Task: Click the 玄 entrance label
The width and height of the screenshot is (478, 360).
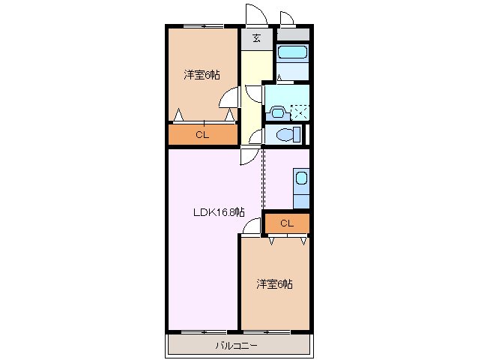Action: pyautogui.click(x=257, y=39)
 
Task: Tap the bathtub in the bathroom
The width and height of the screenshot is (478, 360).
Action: pyautogui.click(x=291, y=54)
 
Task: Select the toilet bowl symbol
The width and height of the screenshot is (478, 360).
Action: pyautogui.click(x=285, y=135)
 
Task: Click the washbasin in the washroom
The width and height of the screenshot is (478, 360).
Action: pyautogui.click(x=278, y=113)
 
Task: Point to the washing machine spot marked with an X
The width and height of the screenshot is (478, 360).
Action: pyautogui.click(x=300, y=112)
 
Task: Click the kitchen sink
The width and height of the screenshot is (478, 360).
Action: pyautogui.click(x=300, y=179)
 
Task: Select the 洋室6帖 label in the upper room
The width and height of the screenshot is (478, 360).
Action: pyautogui.click(x=202, y=75)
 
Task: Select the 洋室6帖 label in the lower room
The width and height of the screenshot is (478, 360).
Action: pyautogui.click(x=274, y=284)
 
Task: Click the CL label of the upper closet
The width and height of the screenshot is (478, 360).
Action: pyautogui.click(x=202, y=135)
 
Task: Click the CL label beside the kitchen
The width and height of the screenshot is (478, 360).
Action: pyautogui.click(x=286, y=223)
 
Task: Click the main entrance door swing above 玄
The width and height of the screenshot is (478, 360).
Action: pyautogui.click(x=255, y=15)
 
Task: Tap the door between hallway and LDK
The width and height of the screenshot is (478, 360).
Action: pyautogui.click(x=249, y=156)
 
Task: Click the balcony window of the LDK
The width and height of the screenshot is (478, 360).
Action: pyautogui.click(x=204, y=331)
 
